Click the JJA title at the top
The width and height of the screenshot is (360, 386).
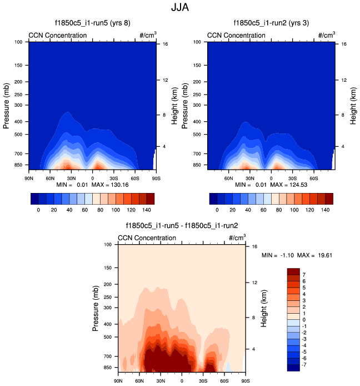179,9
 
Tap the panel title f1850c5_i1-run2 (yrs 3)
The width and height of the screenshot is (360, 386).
271,23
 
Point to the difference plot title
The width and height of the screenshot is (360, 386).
182,226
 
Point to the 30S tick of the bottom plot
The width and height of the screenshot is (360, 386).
203,381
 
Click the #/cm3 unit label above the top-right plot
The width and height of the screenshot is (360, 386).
327,35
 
